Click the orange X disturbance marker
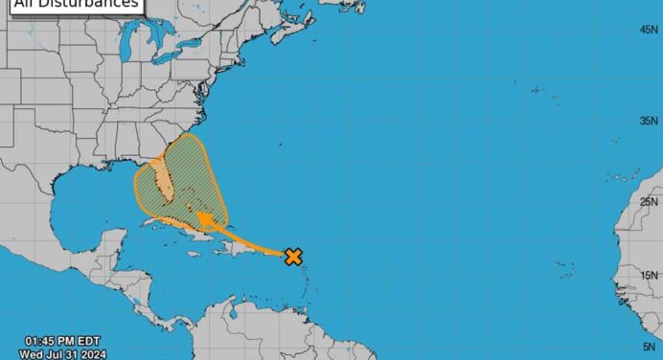(293, 256)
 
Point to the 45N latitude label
(648, 31)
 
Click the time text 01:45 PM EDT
(62, 341)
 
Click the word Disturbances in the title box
(95, 3)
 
